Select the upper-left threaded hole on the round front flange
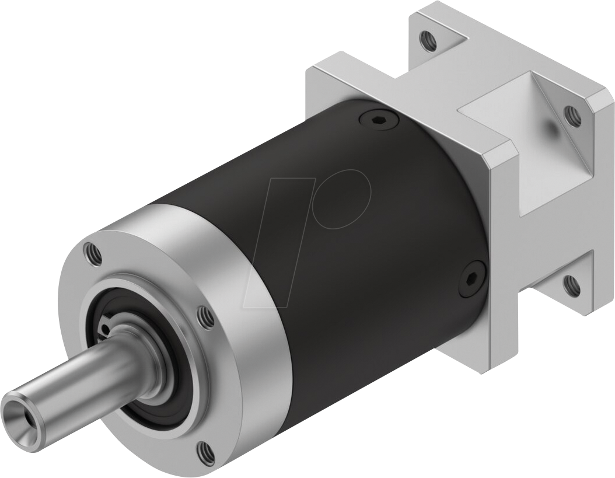coord(92,253)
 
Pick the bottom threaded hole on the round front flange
coord(204,450)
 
